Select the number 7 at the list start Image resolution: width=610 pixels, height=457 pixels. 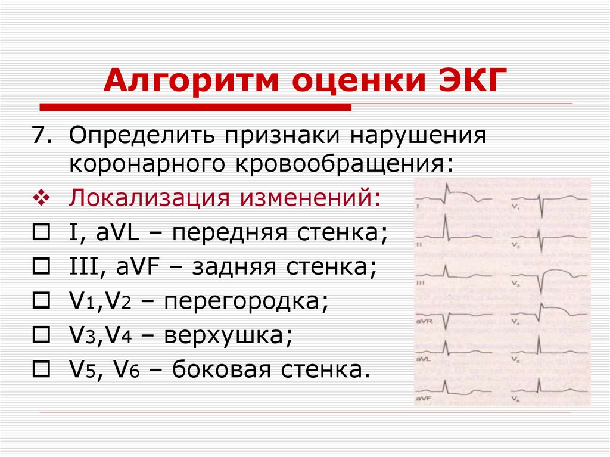39,135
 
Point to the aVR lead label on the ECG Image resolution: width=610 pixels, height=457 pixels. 424,322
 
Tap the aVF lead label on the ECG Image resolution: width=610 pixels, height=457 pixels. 424,397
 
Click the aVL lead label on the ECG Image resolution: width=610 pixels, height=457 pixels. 424,360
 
